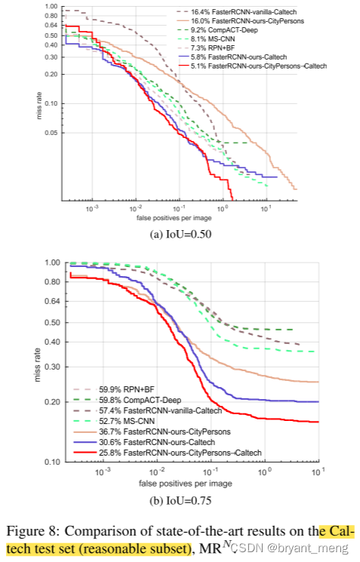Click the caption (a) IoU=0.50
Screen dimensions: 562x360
coord(180,234)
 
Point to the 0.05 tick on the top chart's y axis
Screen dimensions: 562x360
coord(51,134)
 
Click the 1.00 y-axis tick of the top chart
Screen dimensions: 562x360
coord(51,7)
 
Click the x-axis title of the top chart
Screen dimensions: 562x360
coord(180,218)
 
